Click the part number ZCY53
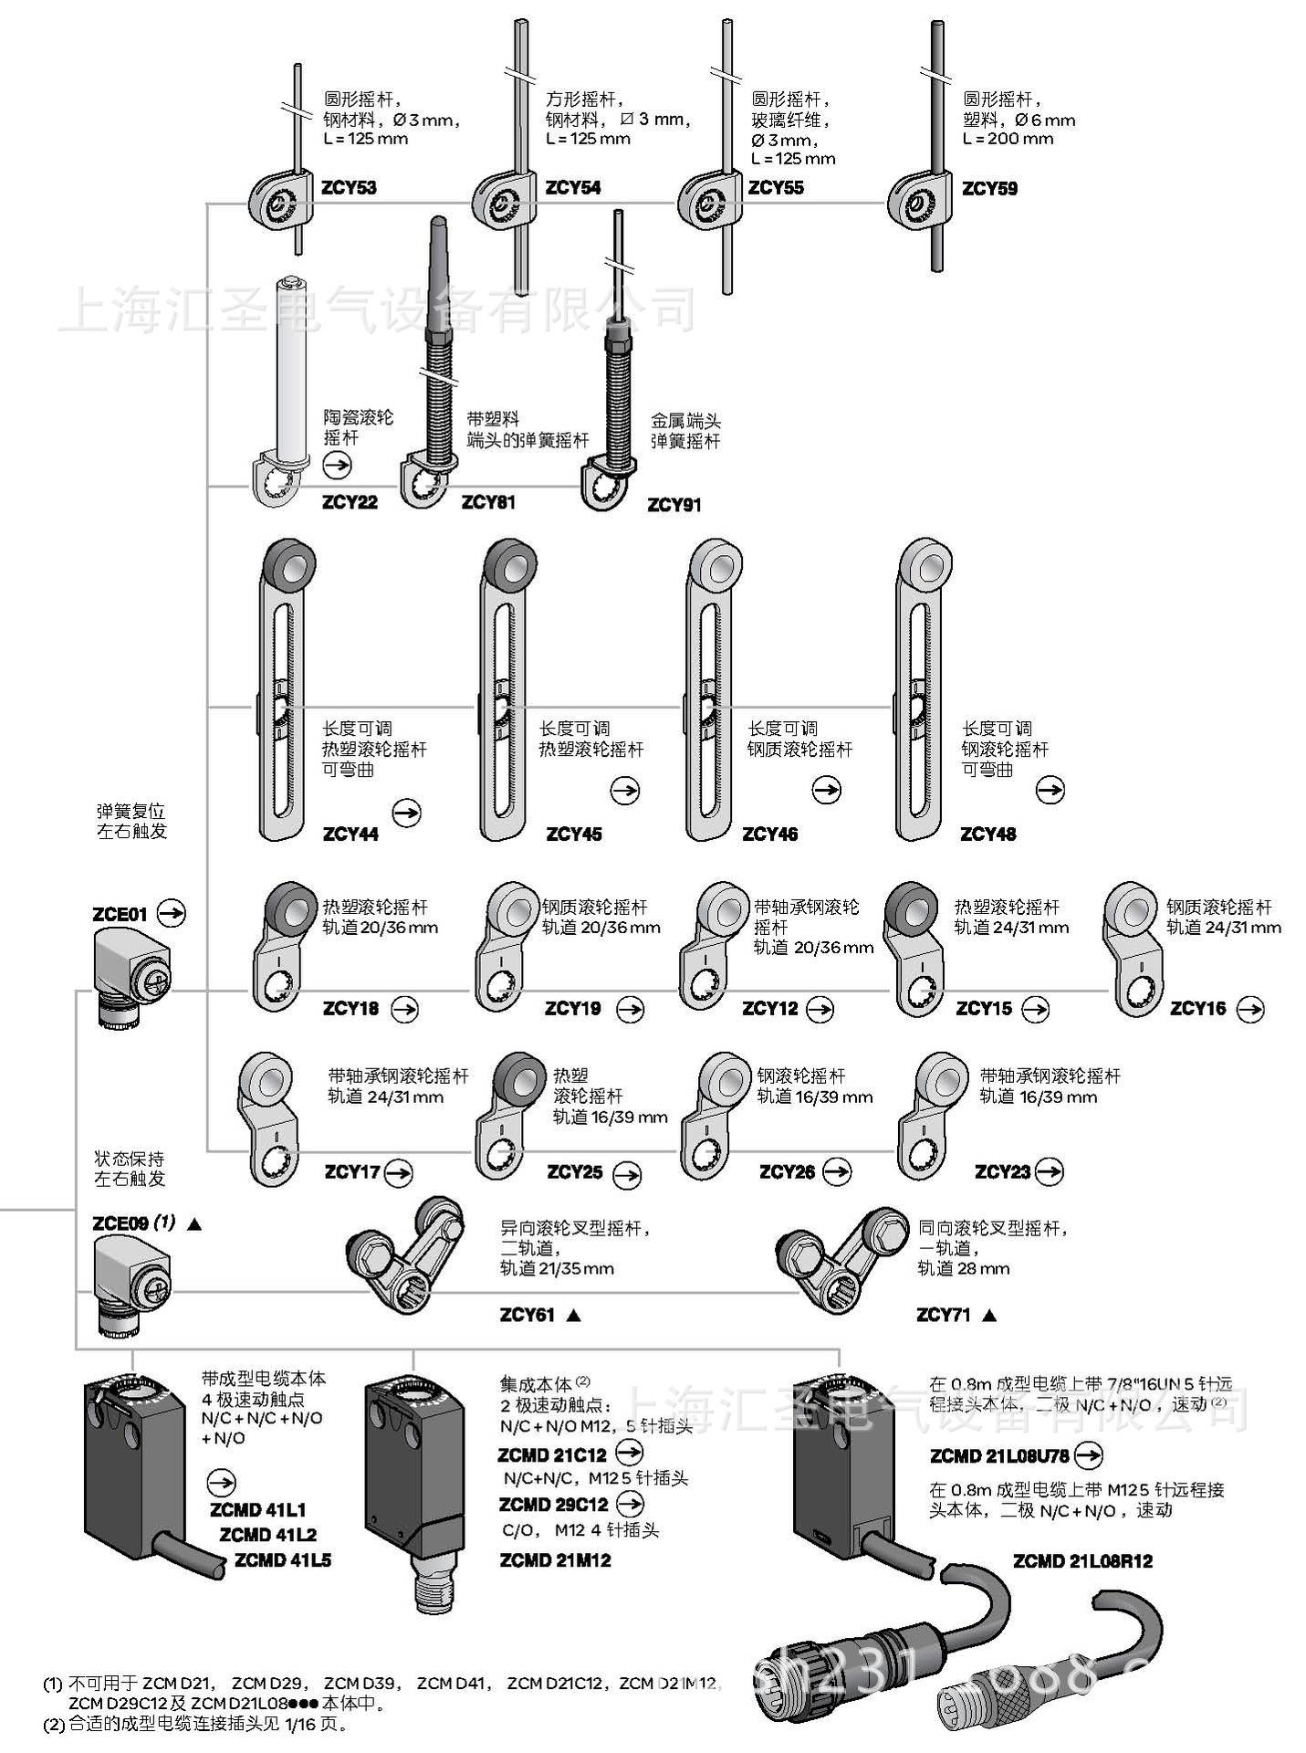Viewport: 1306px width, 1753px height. (x=349, y=189)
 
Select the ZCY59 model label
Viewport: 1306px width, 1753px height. (x=989, y=189)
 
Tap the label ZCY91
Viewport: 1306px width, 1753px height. (x=674, y=505)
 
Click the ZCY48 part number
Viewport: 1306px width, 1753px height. (x=987, y=834)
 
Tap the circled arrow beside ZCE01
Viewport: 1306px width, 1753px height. (x=171, y=912)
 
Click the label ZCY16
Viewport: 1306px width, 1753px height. (x=1197, y=1008)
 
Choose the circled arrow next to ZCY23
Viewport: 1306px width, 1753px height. (x=1050, y=1170)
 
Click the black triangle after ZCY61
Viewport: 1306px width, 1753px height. (x=573, y=1316)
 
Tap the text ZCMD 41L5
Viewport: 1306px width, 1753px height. (x=283, y=1560)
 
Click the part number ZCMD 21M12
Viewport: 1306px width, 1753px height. (x=555, y=1560)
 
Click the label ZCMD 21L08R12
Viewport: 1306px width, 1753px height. (x=1082, y=1561)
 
